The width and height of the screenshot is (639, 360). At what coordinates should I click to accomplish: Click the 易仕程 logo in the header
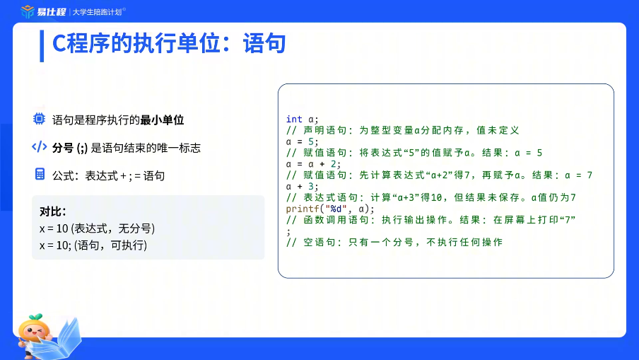43,12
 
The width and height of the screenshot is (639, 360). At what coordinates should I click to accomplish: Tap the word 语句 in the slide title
264,43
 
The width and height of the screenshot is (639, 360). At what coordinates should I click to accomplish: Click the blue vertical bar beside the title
42,46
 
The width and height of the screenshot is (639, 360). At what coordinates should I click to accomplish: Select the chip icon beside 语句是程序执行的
39,119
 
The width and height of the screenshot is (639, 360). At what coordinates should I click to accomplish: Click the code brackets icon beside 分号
40,147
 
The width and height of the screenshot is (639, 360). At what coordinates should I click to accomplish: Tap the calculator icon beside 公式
40,174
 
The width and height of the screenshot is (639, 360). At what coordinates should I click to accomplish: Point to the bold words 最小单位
162,120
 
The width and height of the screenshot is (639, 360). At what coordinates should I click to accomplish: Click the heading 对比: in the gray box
52,211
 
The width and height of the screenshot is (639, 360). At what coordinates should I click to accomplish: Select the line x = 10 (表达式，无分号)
97,228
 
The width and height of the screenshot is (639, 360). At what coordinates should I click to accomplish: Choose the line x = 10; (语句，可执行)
93,245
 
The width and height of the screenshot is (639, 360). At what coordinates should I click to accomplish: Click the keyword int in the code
294,119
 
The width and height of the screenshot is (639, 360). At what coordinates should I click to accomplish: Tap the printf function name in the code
303,209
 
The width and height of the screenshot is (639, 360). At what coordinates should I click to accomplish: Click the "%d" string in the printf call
336,209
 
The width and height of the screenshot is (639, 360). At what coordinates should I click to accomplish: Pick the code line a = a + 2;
313,164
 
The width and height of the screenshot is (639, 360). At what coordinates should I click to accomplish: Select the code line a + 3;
302,186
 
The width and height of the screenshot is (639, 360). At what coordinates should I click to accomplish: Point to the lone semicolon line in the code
288,232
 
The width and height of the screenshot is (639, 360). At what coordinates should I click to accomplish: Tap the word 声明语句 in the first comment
324,130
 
